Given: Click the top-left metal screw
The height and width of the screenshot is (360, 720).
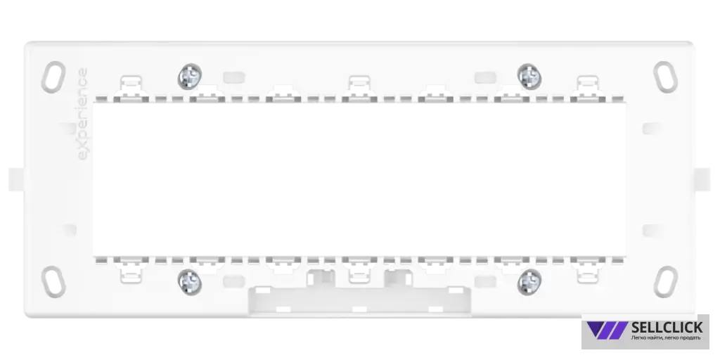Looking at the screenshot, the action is (190, 76).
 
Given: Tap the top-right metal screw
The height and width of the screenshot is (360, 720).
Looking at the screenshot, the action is (529, 76).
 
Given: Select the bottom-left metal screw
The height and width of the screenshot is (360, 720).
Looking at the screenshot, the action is (190, 282).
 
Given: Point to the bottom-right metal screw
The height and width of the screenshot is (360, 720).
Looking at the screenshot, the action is (529, 282).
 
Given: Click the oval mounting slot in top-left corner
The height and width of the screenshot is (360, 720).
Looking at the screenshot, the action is (53, 77).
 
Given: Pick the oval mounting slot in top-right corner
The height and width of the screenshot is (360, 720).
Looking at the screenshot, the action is (665, 77).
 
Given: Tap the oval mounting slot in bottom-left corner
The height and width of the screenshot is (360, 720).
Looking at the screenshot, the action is (53, 281).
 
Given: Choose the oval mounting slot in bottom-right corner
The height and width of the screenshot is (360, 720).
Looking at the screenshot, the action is (665, 281).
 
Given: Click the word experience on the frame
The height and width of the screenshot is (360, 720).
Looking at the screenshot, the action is (82, 114).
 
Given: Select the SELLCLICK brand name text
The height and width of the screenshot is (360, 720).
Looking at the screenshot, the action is (667, 327).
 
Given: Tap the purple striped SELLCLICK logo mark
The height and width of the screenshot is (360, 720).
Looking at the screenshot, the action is (607, 330).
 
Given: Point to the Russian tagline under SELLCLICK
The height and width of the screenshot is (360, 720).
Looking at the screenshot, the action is (666, 338).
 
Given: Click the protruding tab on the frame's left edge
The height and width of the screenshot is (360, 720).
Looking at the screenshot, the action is (17, 179).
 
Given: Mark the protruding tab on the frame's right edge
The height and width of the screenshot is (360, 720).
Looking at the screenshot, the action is (702, 179).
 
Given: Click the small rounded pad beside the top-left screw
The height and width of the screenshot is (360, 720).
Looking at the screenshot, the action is (234, 77).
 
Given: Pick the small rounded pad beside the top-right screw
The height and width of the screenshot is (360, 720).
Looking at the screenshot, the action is (485, 77).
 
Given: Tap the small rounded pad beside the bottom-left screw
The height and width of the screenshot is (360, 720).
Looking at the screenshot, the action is (234, 281).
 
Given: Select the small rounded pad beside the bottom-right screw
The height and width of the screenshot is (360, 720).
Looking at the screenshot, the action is (485, 281).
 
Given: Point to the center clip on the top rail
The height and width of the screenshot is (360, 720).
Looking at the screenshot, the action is (359, 87).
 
